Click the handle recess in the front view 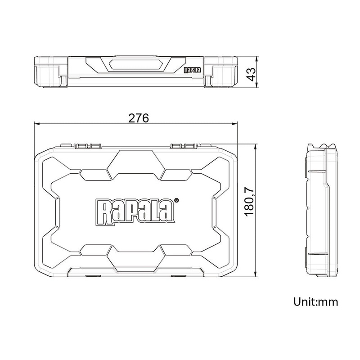[x=135, y=66]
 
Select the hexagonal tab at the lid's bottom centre [x=135, y=259]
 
